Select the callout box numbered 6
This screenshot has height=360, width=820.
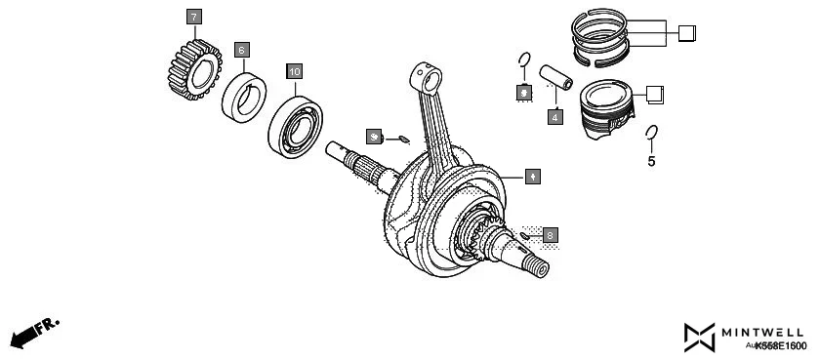pos(241,48)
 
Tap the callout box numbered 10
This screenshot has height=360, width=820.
pos(295,71)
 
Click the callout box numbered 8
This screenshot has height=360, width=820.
pos(551,235)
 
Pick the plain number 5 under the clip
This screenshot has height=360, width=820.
pos(651,161)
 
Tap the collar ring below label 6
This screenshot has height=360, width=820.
pos(245,96)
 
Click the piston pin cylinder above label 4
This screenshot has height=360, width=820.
pos(550,78)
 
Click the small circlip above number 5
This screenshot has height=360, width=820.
pos(652,133)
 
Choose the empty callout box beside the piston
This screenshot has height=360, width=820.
pos(656,94)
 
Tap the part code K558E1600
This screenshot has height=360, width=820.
pos(780,346)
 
